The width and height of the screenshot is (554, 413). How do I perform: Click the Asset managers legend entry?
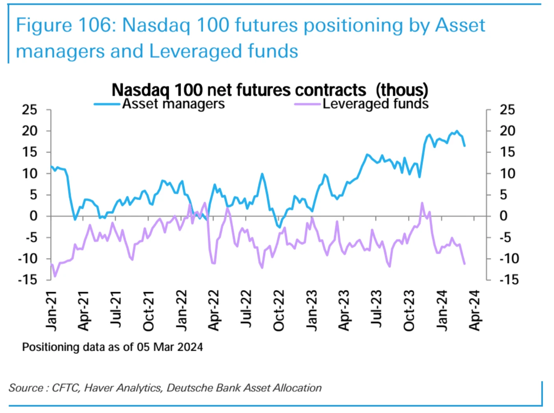pos(173,104)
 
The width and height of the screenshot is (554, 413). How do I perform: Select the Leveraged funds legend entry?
pos(375,104)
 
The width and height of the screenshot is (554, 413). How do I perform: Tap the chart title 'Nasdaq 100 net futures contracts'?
pos(239,90)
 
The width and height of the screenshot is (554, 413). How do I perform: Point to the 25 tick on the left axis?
pos(30,110)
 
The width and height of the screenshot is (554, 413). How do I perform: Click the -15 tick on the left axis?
pos(28,280)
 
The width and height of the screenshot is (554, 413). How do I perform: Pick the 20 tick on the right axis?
pos(507,131)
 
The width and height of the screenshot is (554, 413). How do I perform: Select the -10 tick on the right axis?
pos(509,259)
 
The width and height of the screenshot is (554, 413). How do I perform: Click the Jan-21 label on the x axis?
pos(51,311)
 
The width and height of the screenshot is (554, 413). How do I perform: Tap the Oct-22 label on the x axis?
pos(279,311)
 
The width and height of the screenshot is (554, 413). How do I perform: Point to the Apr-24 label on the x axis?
pos(475,311)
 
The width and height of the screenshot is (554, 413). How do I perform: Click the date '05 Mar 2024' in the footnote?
pos(170,347)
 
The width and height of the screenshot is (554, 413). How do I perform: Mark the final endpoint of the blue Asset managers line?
pos(465,146)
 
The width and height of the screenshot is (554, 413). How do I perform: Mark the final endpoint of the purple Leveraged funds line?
pos(465,264)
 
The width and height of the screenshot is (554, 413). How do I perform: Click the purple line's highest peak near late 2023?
pos(422,203)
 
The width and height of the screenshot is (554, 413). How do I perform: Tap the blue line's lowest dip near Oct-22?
pos(279,227)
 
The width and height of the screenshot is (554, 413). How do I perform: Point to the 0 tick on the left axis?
pos(33,216)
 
